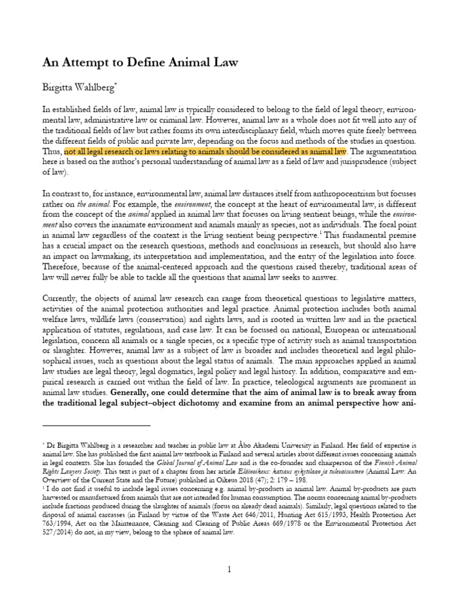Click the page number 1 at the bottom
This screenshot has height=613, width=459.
229,570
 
